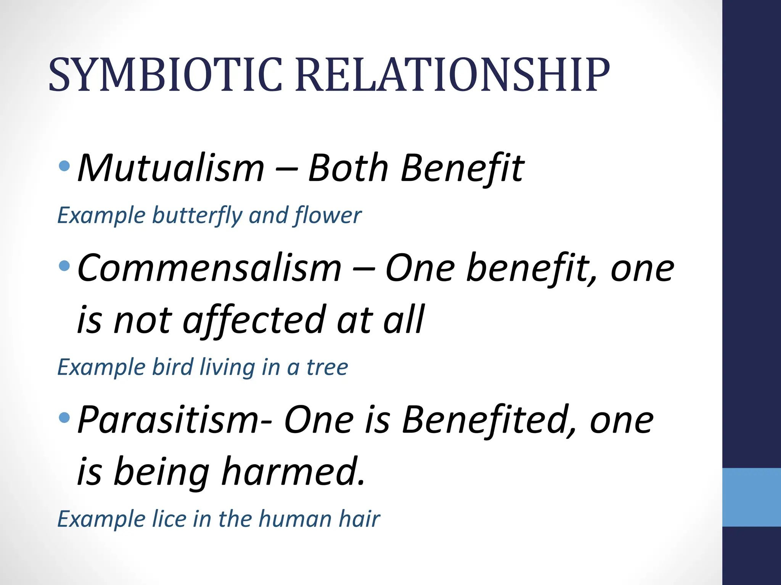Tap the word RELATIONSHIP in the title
(452, 75)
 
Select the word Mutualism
(171, 168)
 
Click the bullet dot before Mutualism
(65, 166)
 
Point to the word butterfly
(197, 216)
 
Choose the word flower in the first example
(328, 216)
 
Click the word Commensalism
(209, 269)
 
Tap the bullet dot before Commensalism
(65, 265)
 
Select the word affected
(254, 320)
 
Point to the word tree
(327, 368)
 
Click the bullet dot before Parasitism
(65, 418)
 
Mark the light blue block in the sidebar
(751, 497)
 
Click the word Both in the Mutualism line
(348, 168)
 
